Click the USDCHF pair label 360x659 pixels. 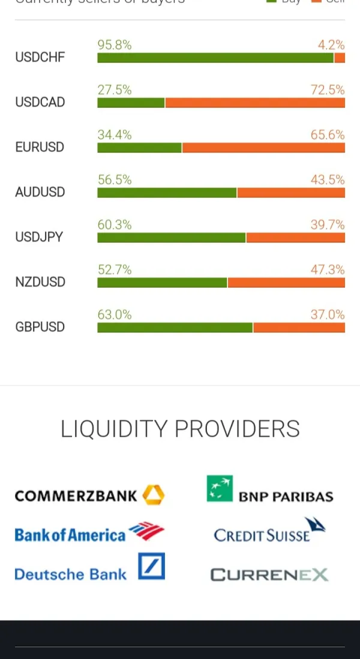40,58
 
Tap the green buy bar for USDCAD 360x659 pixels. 131,103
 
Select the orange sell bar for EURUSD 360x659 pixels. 263,148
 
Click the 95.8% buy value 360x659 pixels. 115,45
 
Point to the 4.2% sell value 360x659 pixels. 331,45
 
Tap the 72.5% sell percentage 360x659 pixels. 328,90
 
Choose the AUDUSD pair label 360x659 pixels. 40,192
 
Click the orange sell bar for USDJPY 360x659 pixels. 295,237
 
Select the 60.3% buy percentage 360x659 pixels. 115,225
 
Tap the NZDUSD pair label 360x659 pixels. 40,282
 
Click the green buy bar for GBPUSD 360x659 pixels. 175,327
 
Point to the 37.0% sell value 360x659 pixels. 328,315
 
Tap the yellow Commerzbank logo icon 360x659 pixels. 154,495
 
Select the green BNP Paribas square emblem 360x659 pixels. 220,488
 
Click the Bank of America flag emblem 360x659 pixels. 146,531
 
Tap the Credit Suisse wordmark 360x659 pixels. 262,535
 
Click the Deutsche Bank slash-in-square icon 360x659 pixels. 151,566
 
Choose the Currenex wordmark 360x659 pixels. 269,575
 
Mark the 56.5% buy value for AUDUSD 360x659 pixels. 115,180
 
